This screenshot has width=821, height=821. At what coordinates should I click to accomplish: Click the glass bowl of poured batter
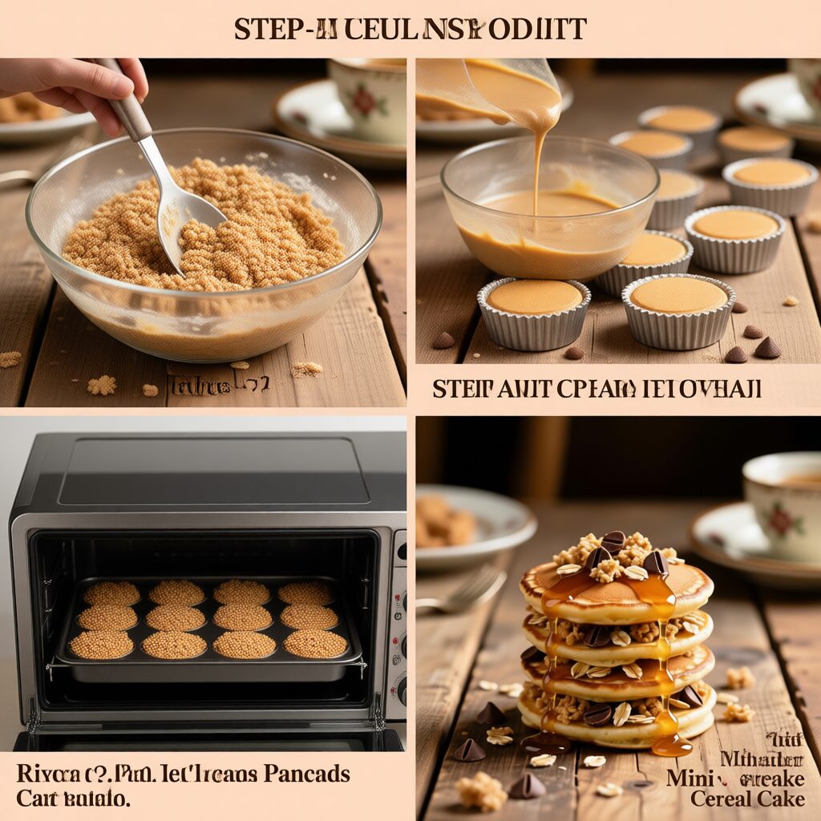[x=548, y=216]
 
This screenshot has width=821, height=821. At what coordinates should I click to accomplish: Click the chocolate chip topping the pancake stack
[x=613, y=542]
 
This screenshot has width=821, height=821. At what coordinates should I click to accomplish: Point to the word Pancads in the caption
[x=309, y=774]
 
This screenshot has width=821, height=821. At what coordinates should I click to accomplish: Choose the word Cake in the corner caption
[x=781, y=799]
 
